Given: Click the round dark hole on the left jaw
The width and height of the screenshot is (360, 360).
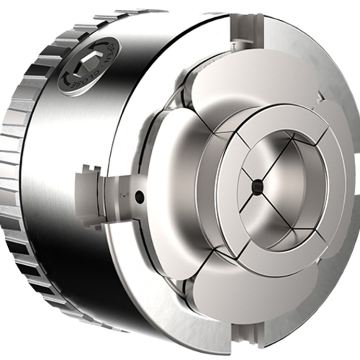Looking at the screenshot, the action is click(x=139, y=197).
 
